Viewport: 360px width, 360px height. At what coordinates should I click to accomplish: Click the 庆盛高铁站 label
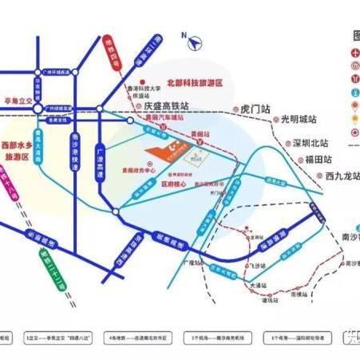166,105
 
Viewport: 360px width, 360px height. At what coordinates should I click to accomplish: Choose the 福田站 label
318,160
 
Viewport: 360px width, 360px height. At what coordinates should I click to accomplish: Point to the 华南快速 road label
37,82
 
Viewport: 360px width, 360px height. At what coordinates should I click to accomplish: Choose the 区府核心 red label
175,182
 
